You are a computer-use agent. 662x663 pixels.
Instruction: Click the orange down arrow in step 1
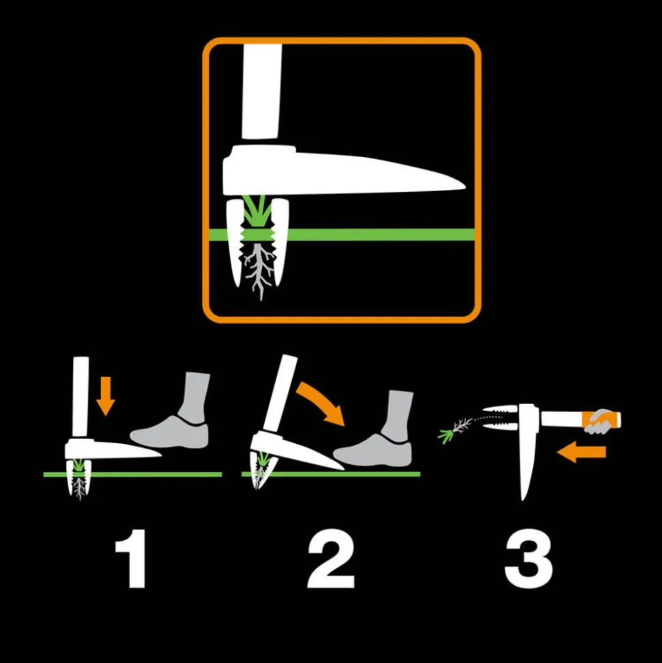click(x=104, y=397)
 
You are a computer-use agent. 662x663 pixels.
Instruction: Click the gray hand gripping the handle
click(x=601, y=422)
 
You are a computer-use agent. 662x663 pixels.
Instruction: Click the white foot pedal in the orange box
click(x=341, y=171)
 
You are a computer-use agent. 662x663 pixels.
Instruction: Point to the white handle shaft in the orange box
click(x=261, y=89)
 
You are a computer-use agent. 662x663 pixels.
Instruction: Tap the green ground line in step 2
click(x=382, y=473)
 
